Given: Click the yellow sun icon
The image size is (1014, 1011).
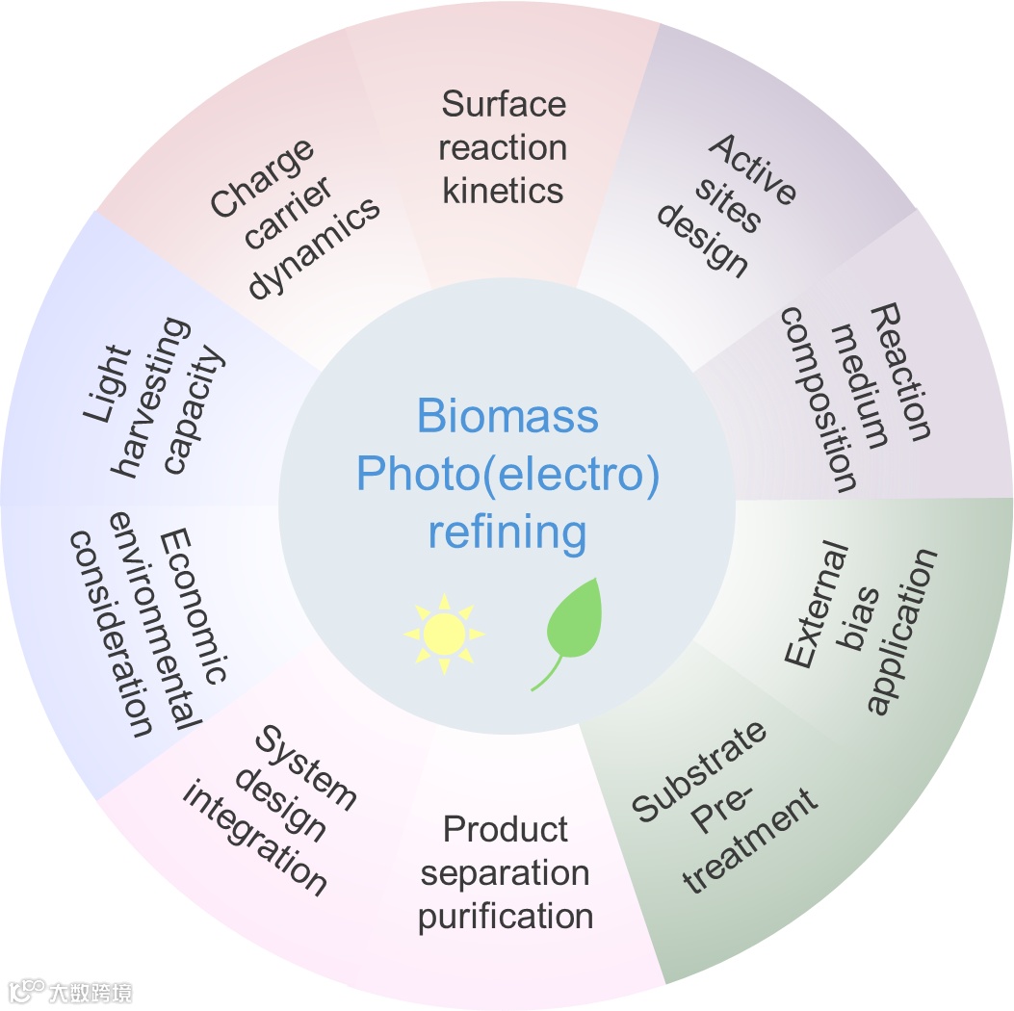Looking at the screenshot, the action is (444, 634).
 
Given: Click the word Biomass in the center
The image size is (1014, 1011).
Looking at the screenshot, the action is (507, 418).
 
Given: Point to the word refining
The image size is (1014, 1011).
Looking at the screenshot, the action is (507, 531).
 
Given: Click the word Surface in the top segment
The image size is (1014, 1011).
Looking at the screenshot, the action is (504, 104).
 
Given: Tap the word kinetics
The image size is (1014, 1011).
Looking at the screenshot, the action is (503, 190).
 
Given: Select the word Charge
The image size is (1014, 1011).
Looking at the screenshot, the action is (263, 178).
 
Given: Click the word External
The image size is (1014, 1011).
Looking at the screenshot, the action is (817, 606).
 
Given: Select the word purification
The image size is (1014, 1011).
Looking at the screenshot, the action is (506, 916).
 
